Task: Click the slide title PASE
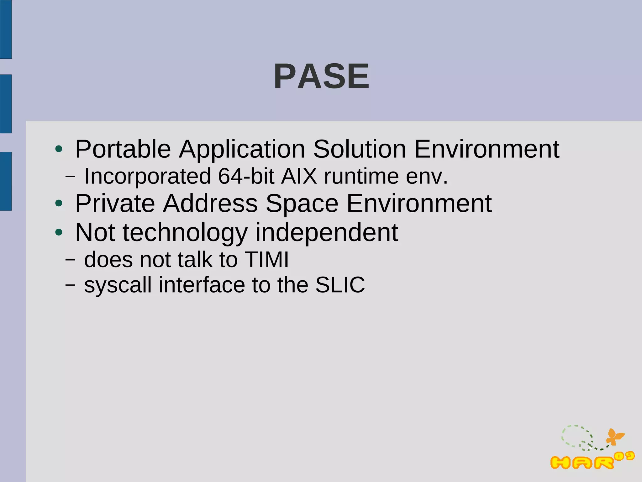tap(322, 76)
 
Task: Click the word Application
tap(242, 150)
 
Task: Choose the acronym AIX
tap(299, 176)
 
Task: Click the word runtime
tap(361, 176)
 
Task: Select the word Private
tap(115, 204)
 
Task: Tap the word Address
tap(210, 204)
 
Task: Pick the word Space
tap(302, 204)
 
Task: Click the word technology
tap(185, 233)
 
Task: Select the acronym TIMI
tap(266, 260)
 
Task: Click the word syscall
tap(118, 285)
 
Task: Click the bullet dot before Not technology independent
tap(59, 232)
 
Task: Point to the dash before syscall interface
tap(70, 285)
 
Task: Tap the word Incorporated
tap(147, 176)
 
